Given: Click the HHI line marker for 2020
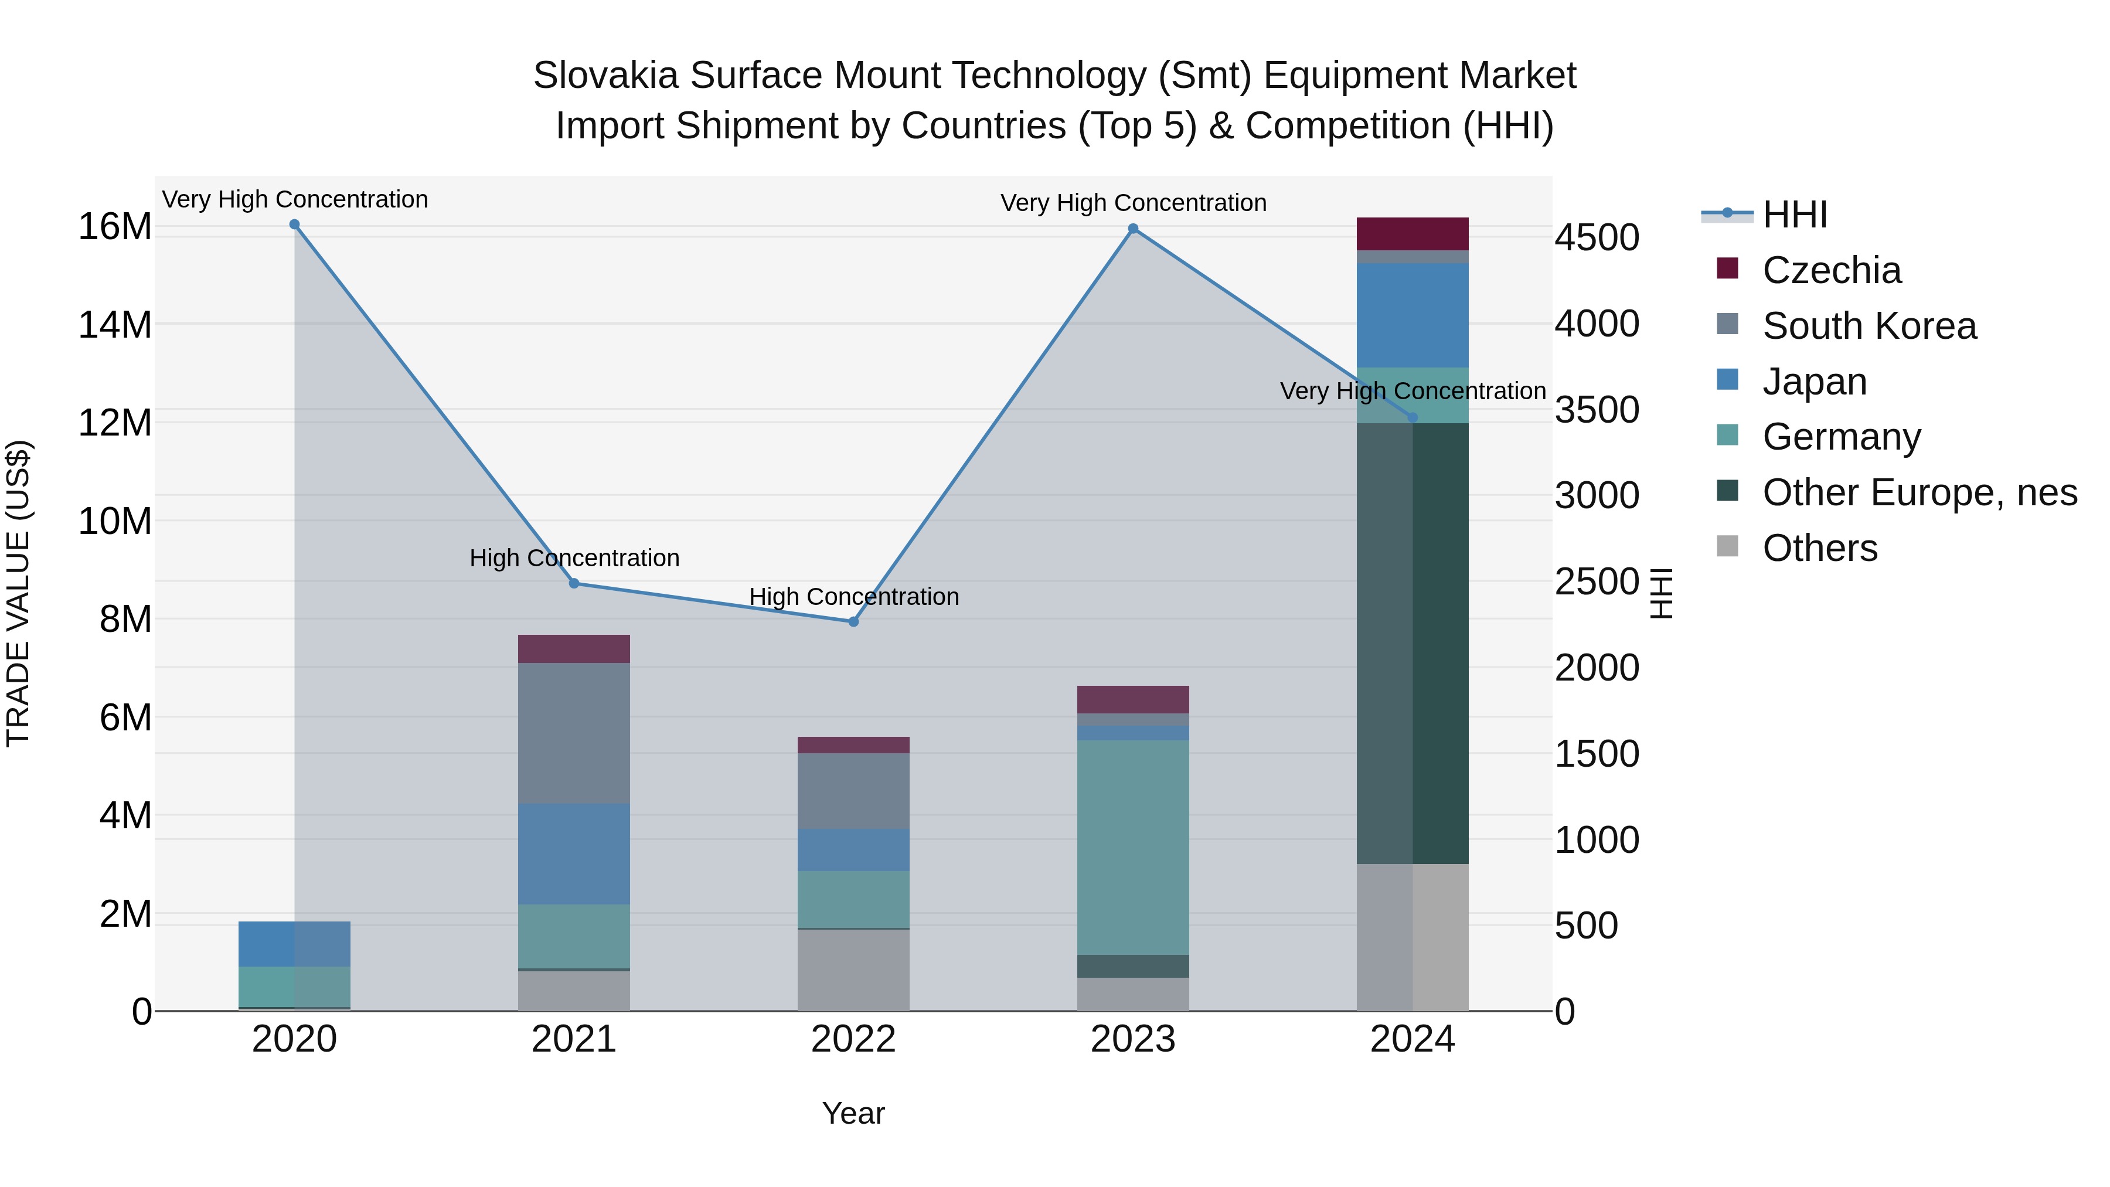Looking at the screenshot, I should coord(295,225).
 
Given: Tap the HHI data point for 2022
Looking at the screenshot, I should coord(853,622).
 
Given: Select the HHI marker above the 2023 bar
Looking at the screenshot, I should coord(1133,229).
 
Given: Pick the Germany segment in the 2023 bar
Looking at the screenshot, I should coord(1133,847).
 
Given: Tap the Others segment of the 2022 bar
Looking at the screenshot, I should coord(853,970).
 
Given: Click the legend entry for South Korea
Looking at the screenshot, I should coord(1869,326).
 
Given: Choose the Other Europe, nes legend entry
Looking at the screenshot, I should coord(1919,492).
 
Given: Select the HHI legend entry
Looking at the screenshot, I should coord(1794,215).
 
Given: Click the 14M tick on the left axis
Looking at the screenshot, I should coord(115,324).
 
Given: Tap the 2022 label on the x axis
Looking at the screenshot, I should coord(853,1039).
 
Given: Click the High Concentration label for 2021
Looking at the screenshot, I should coord(574,558).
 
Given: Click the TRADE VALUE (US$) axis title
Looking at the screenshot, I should coord(18,593).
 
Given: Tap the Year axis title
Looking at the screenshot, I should coord(853,1113).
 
